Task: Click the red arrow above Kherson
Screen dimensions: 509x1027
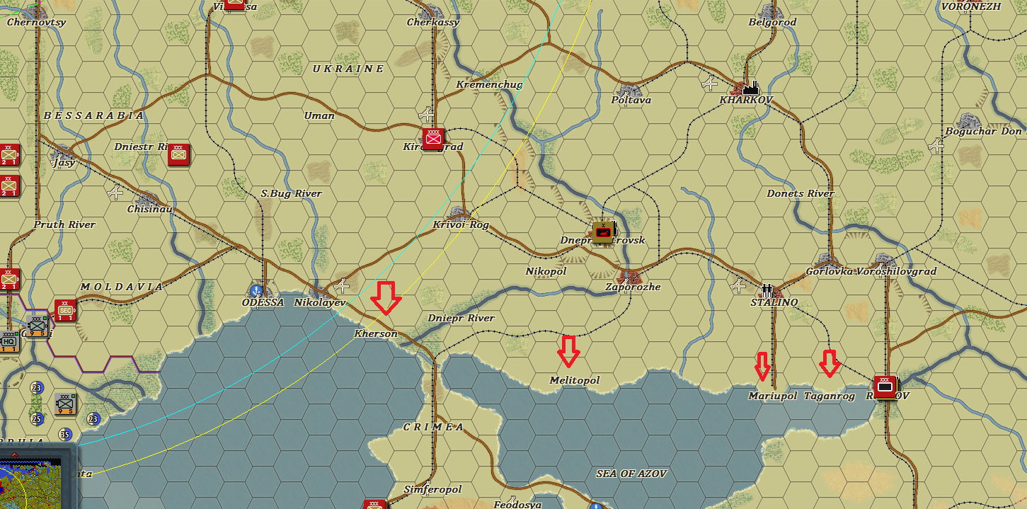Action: [386, 297]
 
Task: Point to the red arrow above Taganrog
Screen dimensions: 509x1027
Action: [830, 363]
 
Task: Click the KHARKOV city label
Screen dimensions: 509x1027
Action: [746, 100]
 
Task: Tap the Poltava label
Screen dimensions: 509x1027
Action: [631, 100]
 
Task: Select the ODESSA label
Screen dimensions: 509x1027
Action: [263, 302]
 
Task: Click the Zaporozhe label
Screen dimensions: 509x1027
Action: [633, 287]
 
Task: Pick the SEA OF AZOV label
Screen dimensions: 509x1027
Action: [631, 474]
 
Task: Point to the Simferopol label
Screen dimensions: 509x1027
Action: [432, 489]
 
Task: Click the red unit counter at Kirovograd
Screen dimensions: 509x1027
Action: [432, 139]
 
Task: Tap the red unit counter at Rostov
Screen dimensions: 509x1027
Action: [885, 387]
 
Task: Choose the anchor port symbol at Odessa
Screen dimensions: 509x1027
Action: [256, 290]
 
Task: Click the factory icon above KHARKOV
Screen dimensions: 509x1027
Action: [750, 87]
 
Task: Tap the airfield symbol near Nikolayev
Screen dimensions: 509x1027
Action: [343, 286]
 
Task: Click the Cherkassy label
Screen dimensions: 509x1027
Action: [432, 22]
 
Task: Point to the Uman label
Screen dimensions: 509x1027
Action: [319, 115]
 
